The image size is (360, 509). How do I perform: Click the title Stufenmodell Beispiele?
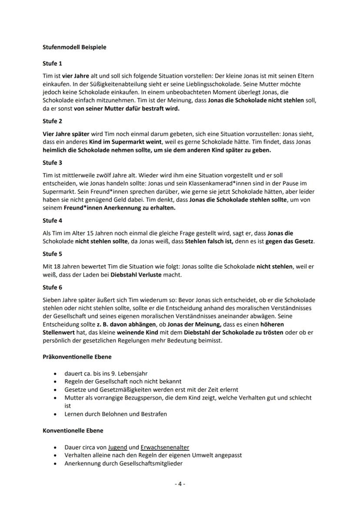[74, 47]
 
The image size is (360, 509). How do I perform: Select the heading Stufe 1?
[52, 63]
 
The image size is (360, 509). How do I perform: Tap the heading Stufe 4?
[52, 221]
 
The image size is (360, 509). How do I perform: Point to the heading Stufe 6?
[52, 287]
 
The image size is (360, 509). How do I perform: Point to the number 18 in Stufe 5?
[59, 266]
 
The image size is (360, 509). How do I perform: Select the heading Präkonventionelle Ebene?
[77, 357]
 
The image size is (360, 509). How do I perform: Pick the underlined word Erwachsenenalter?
[165, 447]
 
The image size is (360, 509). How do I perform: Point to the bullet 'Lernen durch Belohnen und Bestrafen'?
[116, 414]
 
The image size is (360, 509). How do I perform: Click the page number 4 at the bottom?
[180, 484]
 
